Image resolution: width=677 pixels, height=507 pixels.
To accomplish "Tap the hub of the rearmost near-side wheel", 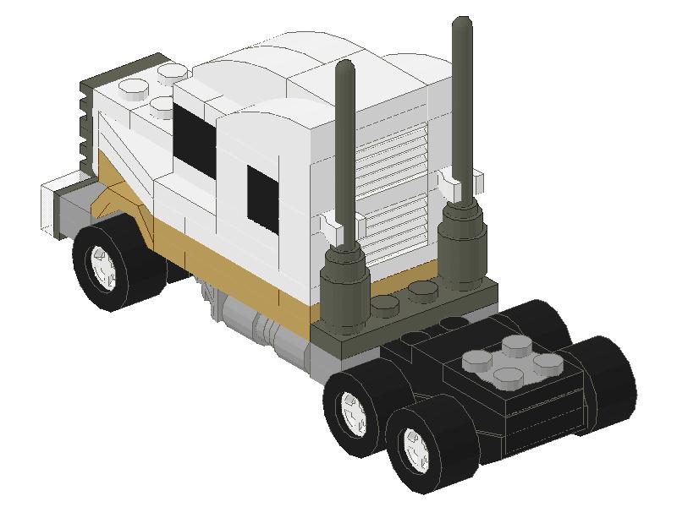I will [x=416, y=445].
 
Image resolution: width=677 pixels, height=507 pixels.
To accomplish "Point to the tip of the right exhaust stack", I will [x=462, y=23].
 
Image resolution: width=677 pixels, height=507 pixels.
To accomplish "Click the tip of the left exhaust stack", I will [x=344, y=66].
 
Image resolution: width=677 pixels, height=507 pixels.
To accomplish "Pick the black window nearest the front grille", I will [x=194, y=135].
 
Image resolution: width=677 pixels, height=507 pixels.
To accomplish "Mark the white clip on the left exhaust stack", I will [x=340, y=226].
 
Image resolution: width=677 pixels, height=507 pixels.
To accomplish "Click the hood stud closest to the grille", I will [x=134, y=87].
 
